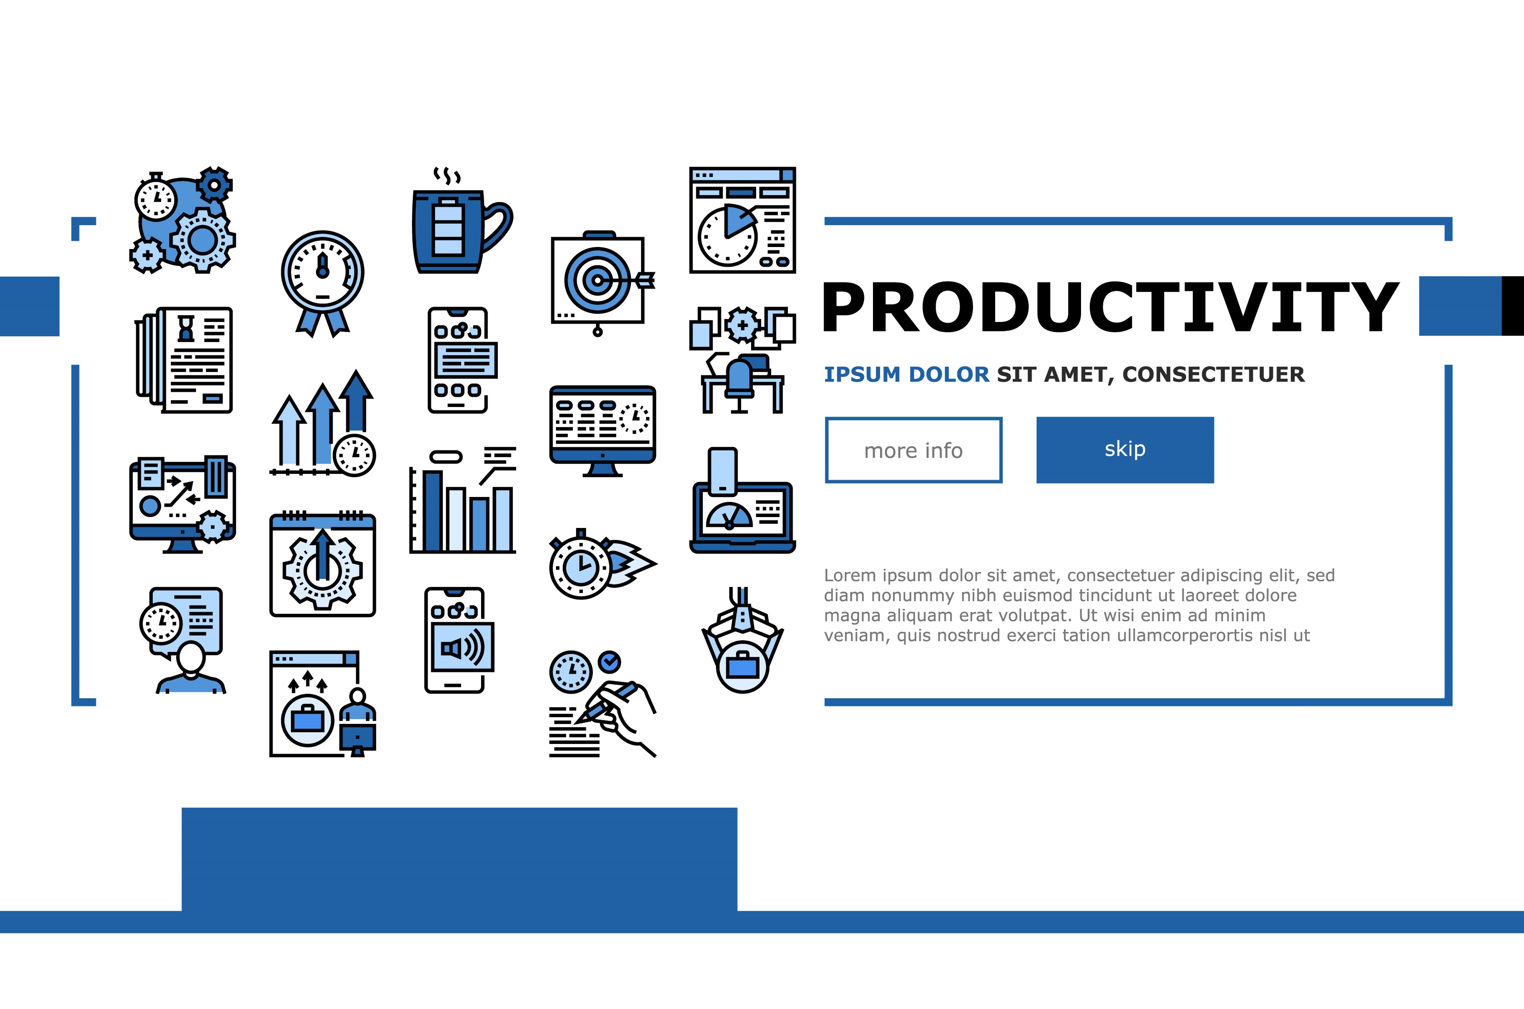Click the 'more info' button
point(914,450)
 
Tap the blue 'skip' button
point(1125,450)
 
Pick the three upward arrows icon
point(323,423)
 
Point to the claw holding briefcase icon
point(742,640)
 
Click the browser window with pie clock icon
point(742,220)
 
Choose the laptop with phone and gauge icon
point(742,500)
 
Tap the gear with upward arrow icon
point(323,564)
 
